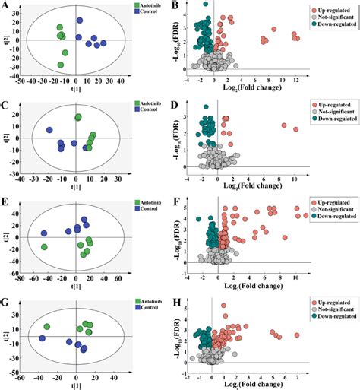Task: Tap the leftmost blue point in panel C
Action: pyautogui.click(x=49, y=130)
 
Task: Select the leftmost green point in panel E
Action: pyautogui.click(x=45, y=246)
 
